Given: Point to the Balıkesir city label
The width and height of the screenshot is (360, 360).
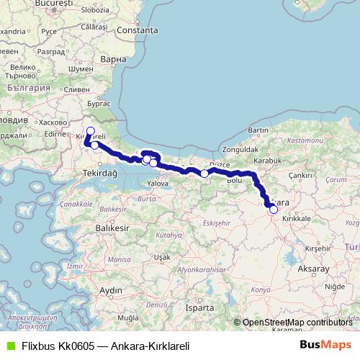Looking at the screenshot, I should (x=112, y=227).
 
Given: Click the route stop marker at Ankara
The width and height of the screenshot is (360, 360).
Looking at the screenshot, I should (x=274, y=210).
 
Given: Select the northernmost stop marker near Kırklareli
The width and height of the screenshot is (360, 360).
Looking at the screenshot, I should (x=90, y=131).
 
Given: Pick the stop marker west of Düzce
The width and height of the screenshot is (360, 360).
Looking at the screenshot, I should (x=204, y=174).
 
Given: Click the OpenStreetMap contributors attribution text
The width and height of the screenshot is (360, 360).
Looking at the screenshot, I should (x=297, y=323).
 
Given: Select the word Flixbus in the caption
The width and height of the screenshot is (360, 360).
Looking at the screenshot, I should (x=35, y=346).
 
